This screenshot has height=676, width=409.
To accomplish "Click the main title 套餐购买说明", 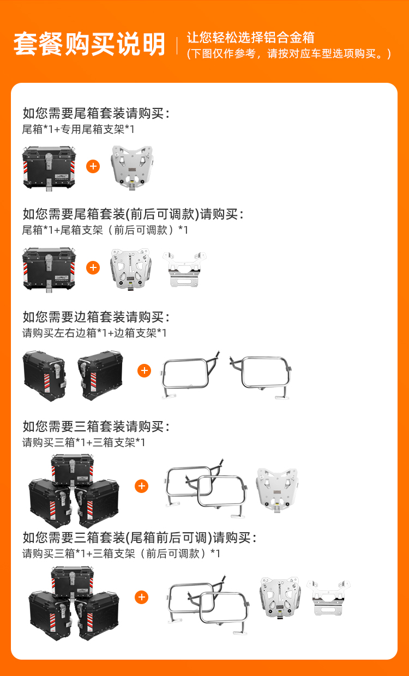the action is [89, 44].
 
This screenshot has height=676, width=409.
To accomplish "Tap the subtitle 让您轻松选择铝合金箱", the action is [251, 38].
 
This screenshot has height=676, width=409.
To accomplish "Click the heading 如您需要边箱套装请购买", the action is [96, 317].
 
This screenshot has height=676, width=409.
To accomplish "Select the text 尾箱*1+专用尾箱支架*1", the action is [78, 130].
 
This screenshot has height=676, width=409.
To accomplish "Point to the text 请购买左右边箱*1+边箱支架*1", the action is [94, 333].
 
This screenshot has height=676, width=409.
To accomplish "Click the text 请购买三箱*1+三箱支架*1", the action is [83, 443].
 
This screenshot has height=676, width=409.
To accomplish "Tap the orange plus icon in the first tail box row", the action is [93, 166].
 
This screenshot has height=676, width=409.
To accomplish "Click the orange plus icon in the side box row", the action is [145, 370].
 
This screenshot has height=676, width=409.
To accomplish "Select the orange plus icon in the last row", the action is [142, 597].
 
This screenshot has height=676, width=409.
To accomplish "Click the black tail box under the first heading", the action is [49, 168].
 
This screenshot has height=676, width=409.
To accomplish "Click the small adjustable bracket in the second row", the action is [184, 269].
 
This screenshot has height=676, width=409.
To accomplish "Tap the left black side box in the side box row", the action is [44, 376].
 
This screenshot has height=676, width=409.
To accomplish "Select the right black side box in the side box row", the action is [100, 375].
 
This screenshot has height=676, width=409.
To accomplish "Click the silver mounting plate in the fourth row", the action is [277, 490].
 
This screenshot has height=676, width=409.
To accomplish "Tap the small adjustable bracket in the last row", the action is [328, 598].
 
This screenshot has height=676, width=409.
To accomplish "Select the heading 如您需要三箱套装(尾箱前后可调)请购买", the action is [140, 538].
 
